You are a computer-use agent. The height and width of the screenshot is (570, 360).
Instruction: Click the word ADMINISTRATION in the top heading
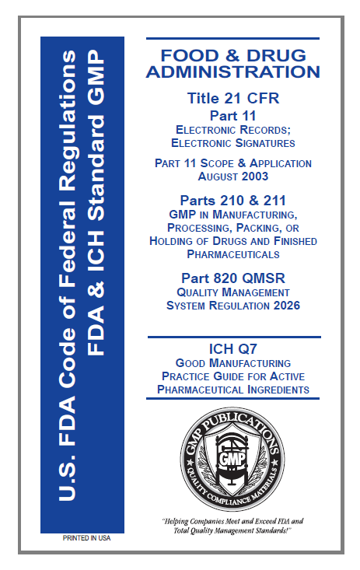[x=232, y=72]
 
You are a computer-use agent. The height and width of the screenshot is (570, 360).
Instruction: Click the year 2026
[x=282, y=305]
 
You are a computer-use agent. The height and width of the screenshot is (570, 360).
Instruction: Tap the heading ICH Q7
[x=232, y=348]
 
